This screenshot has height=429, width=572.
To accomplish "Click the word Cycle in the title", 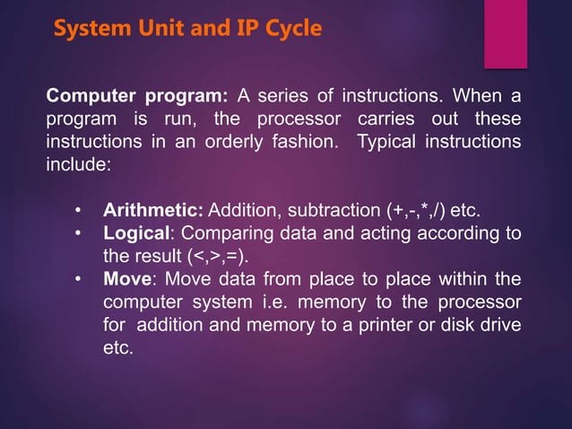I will (288, 29).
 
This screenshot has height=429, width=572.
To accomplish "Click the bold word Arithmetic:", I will (154, 212).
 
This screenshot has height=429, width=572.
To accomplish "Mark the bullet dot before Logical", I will (79, 235).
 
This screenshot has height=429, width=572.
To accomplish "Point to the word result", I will (158, 257).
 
